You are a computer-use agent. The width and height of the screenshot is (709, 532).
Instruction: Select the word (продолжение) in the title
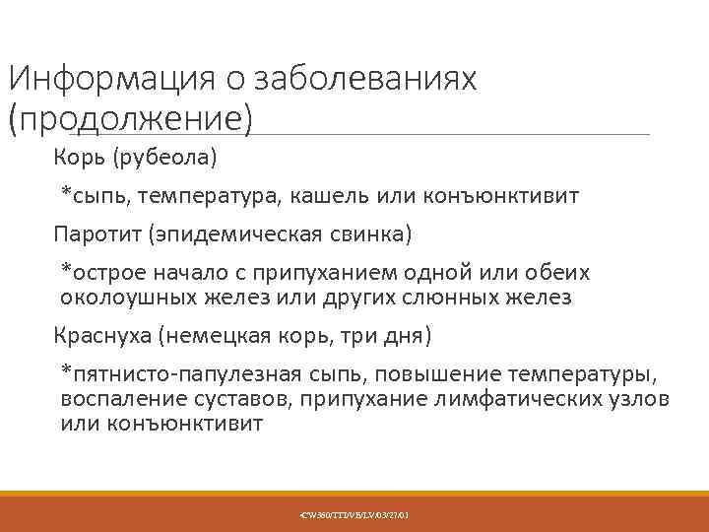130,117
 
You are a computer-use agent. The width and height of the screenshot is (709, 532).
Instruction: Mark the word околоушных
136,298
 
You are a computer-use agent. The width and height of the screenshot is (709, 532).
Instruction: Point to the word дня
406,337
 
